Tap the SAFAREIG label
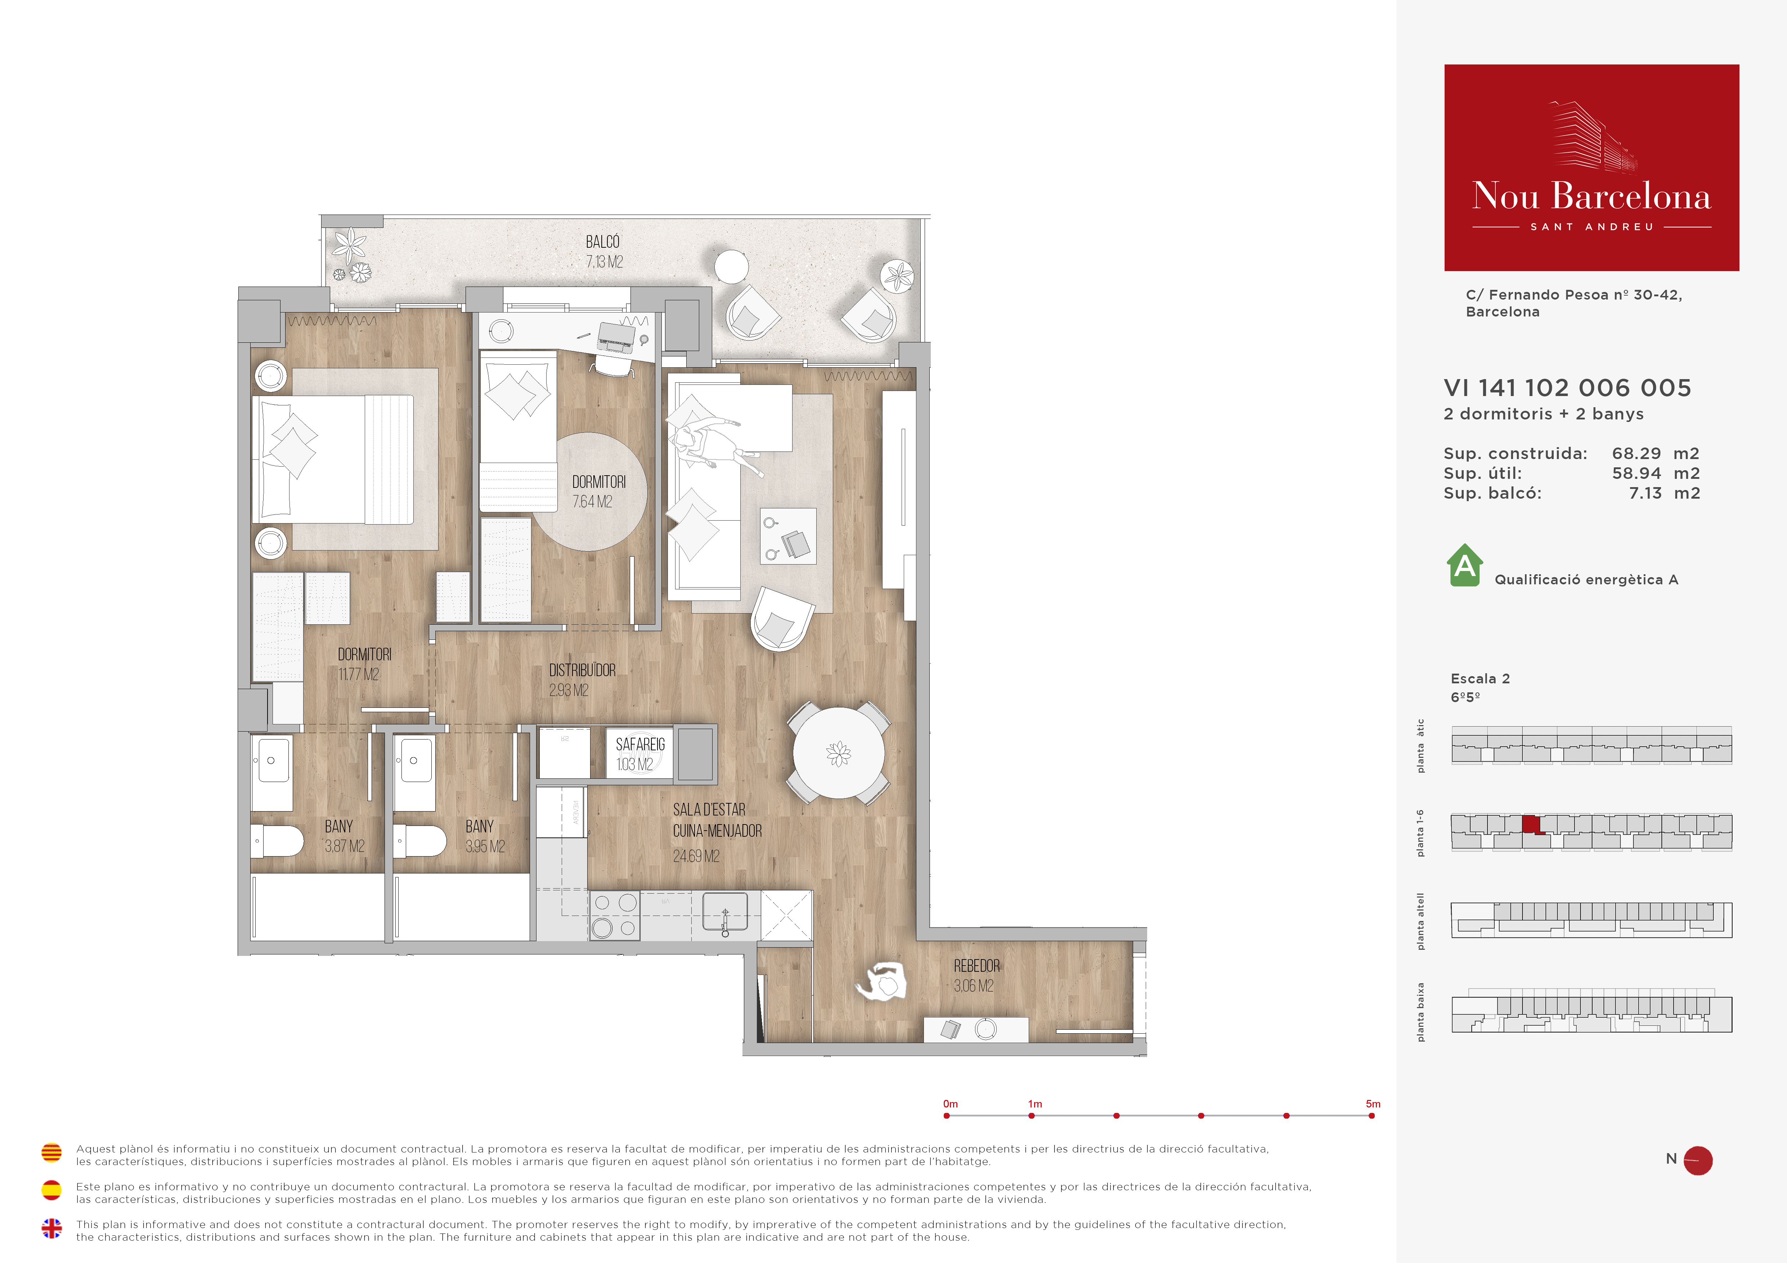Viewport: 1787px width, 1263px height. [641, 745]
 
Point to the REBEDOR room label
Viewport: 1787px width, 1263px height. [977, 966]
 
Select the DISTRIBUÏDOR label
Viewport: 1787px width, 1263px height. [582, 670]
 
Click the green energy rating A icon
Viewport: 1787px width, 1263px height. [1465, 565]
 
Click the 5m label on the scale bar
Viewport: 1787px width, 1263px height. [1373, 1104]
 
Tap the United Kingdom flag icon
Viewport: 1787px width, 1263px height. [51, 1228]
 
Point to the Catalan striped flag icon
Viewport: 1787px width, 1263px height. [51, 1152]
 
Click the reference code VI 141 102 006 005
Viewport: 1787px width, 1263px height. [1567, 387]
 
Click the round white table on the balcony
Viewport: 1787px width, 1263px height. [732, 267]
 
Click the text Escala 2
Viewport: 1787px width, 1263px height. [1480, 679]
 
